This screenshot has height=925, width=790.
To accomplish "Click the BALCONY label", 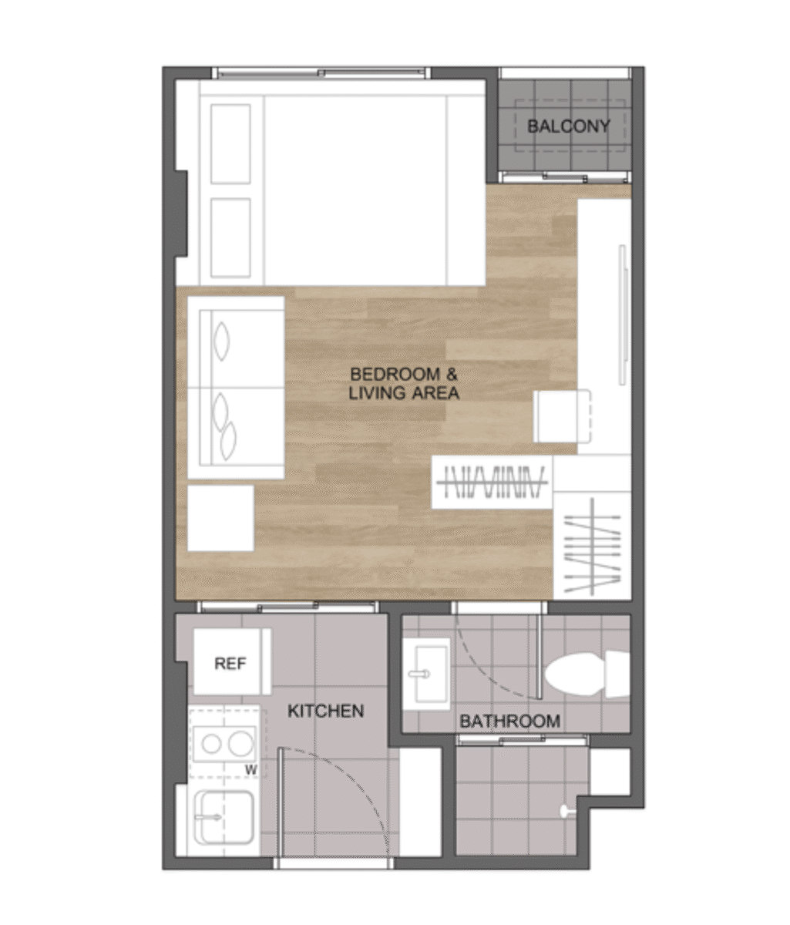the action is tap(568, 126).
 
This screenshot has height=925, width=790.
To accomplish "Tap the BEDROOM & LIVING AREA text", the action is tap(404, 384).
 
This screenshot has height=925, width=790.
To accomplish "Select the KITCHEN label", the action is tap(325, 710).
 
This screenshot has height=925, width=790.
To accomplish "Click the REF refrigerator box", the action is tap(232, 662).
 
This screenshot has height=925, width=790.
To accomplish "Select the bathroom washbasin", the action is tap(426, 674).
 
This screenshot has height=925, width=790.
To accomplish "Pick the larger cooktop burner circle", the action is tap(241, 743).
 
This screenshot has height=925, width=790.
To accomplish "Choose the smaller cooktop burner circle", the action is tap(211, 744).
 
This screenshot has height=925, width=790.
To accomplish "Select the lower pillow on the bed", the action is tap(230, 237).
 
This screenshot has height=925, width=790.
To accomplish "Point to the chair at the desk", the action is tap(562, 416).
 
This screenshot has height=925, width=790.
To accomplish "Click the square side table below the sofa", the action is tap(220, 518).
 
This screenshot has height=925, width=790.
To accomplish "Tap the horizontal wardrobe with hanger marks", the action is tap(492, 482).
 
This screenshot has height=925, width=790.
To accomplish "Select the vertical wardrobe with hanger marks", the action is tap(592, 546).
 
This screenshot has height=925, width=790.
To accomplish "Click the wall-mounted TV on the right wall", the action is tap(622, 314).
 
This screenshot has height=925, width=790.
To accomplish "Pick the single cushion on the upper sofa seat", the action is tap(222, 341).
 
